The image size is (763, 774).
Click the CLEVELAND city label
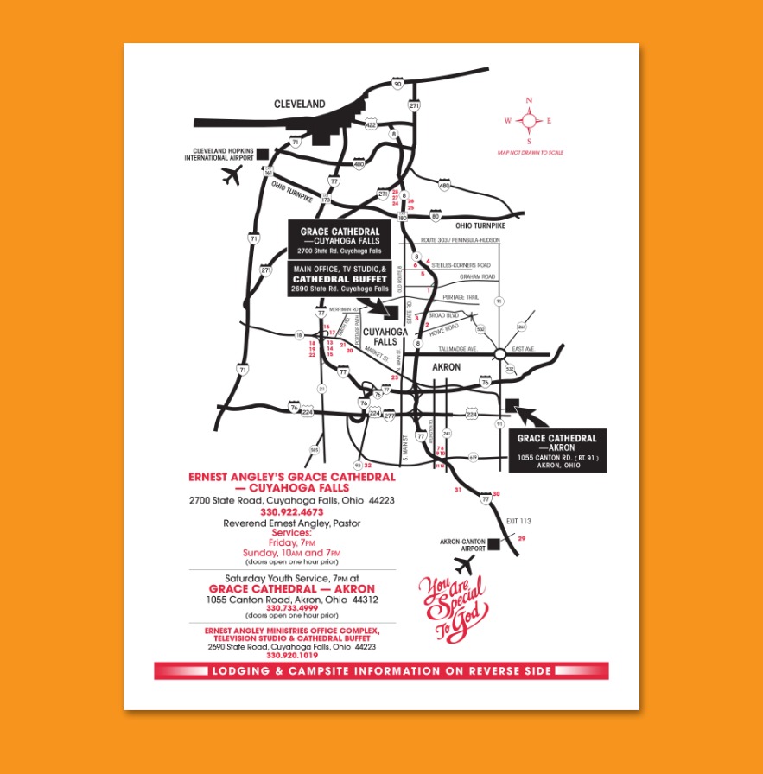(300, 104)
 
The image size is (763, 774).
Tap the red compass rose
(529, 121)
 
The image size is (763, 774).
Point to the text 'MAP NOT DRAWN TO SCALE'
(530, 152)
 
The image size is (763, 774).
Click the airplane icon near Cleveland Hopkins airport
(231, 176)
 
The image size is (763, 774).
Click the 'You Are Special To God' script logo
(452, 608)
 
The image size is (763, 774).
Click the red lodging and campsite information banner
(381, 671)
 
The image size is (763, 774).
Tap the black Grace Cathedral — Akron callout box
(556, 450)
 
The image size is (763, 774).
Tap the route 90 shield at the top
(397, 84)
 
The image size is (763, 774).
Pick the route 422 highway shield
(371, 124)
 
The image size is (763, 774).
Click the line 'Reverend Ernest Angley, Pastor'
(291, 523)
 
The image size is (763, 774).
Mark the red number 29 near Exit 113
(521, 538)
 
